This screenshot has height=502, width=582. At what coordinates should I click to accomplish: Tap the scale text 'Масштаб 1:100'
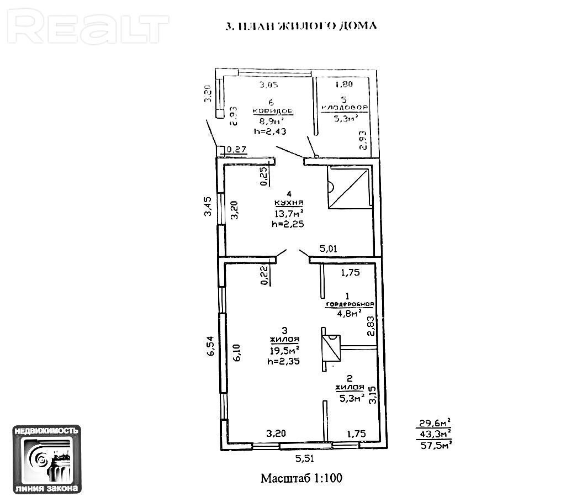pos(301,478)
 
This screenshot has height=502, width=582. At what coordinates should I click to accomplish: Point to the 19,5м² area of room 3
pos(284,351)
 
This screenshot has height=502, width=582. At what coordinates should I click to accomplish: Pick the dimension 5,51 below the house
pos(303,458)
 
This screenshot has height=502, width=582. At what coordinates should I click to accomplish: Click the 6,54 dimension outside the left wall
pos(210,346)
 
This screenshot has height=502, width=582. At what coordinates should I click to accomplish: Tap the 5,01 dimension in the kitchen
pos(329,249)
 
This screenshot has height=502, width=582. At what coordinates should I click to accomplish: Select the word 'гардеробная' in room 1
pos(350,304)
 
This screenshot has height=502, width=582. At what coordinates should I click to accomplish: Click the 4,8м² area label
pos(349,313)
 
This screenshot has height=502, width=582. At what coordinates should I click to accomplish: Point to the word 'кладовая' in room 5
pos(345,109)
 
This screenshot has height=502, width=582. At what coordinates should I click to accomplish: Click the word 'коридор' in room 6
pos(272,110)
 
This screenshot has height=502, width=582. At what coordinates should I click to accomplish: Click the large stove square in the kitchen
pos(347,188)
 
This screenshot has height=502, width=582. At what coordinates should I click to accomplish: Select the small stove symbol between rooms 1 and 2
pos(331,348)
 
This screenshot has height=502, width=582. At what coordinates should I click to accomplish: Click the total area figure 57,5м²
pos(435,443)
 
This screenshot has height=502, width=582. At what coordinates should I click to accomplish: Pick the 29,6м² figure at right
pos(435,424)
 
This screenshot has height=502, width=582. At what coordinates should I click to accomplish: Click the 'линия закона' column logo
pos(47,458)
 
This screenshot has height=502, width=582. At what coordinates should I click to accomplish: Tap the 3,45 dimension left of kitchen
pos(208,206)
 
